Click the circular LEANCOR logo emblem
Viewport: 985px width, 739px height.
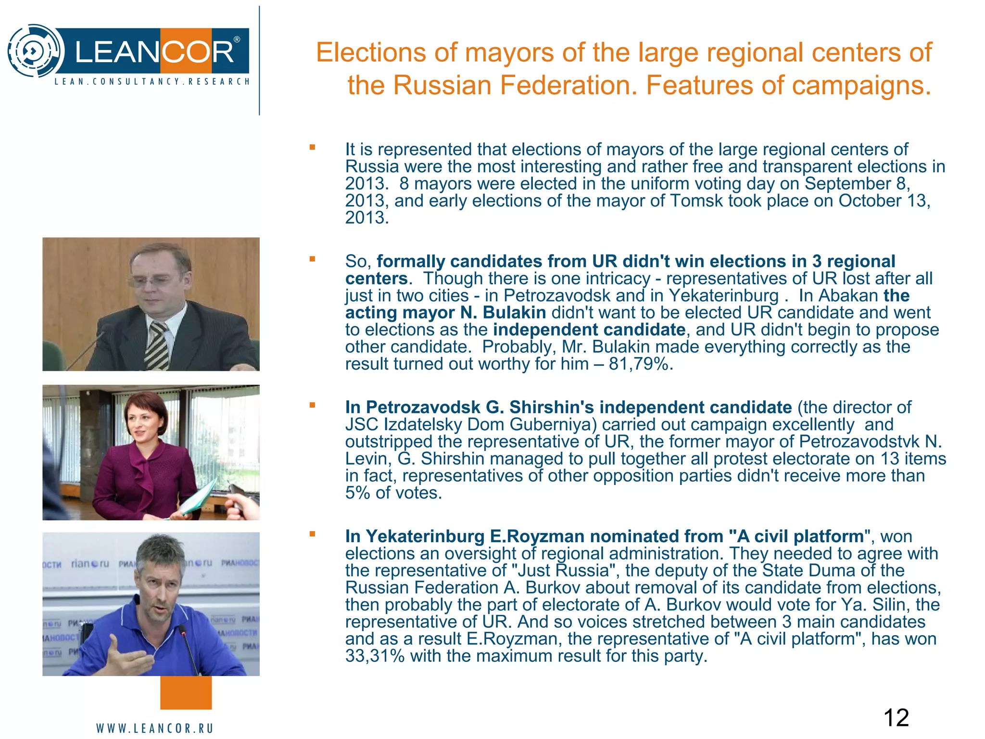pos(35,51)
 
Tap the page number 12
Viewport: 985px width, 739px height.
pos(896,718)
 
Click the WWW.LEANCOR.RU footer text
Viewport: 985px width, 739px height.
pos(154,728)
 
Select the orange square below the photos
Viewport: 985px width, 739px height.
pos(186,692)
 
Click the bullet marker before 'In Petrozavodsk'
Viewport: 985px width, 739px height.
pos(312,405)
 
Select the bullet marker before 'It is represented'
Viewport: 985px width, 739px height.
pos(312,148)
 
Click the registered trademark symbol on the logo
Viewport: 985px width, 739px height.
pos(237,39)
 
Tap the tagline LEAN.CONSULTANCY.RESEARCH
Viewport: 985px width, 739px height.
pos(152,82)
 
